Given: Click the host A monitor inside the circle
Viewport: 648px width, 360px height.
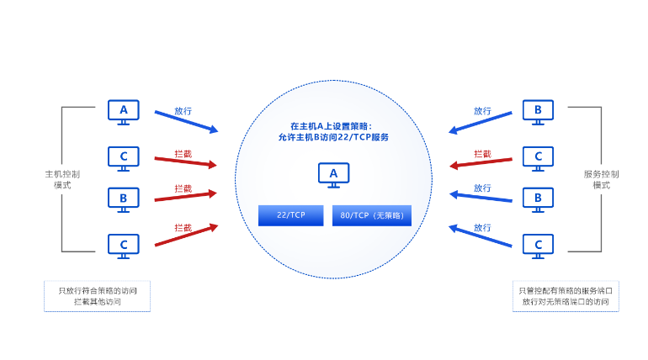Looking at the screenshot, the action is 333,175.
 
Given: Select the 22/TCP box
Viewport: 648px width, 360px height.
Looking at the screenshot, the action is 290,216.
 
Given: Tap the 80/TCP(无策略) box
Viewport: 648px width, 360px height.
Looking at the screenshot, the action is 373,216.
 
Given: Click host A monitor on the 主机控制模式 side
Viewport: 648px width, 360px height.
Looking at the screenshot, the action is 124,111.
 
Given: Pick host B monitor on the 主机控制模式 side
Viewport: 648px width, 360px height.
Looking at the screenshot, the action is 124,199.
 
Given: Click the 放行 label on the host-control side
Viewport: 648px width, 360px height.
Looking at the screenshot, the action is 183,110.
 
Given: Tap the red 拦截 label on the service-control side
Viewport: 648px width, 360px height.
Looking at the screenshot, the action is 482,154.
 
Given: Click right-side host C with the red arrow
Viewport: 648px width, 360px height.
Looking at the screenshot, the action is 538,156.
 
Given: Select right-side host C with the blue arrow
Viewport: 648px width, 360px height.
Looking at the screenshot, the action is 538,245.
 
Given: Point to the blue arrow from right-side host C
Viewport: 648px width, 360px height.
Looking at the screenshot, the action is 481,236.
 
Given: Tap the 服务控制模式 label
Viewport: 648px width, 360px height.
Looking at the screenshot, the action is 601,179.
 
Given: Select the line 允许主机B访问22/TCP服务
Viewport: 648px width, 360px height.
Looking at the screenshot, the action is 332,136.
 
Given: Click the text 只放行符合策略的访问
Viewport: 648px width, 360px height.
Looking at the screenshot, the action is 98,290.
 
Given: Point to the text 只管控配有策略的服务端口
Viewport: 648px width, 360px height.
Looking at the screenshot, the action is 566,290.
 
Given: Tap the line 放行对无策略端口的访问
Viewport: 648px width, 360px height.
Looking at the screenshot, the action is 566,301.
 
